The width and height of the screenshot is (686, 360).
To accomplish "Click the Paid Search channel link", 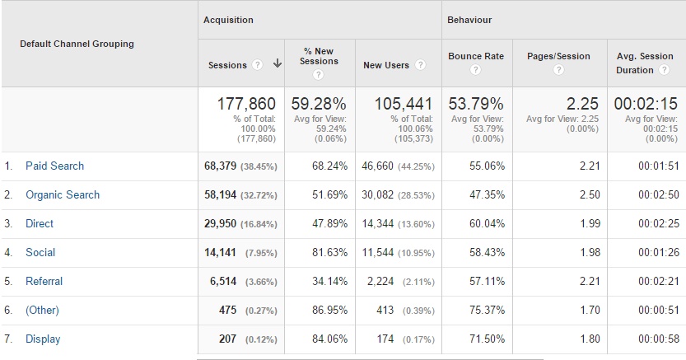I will (54, 166).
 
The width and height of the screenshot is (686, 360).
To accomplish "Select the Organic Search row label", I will (63, 194).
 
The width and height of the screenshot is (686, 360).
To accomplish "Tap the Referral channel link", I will (44, 281).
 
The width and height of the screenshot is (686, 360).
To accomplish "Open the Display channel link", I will (43, 339).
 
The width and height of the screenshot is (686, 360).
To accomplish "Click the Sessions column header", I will (227, 64).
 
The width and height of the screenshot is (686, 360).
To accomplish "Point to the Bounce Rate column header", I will (475, 56).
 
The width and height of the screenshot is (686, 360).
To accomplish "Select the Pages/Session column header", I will (558, 56).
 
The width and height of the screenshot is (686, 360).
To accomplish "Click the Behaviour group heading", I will (469, 20).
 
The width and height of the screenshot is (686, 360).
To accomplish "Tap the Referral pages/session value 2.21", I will (578, 281).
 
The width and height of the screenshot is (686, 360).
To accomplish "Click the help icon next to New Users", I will (420, 65).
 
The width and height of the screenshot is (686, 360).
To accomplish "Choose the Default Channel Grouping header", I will (77, 44).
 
